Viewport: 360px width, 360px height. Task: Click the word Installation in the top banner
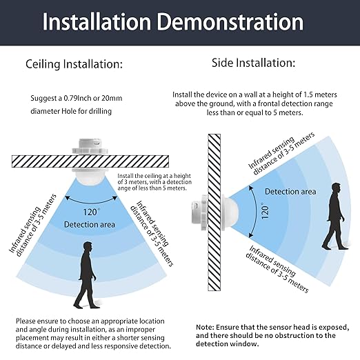(97, 22)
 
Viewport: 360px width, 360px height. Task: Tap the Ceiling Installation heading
(74, 64)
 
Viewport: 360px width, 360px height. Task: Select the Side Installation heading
(253, 63)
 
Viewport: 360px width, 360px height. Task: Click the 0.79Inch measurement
(78, 99)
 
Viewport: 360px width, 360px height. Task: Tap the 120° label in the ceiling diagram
(91, 212)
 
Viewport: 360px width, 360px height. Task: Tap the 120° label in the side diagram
(265, 211)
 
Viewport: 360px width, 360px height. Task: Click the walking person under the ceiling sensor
(86, 275)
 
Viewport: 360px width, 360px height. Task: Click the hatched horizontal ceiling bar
(90, 161)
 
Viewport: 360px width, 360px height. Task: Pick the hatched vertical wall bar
(214, 212)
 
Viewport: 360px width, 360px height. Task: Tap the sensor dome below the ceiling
(92, 177)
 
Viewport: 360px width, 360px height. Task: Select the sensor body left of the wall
(200, 212)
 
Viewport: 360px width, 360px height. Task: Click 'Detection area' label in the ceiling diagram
(90, 225)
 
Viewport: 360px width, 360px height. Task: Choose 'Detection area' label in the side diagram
(290, 192)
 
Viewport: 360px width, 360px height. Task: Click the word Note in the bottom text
(205, 327)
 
